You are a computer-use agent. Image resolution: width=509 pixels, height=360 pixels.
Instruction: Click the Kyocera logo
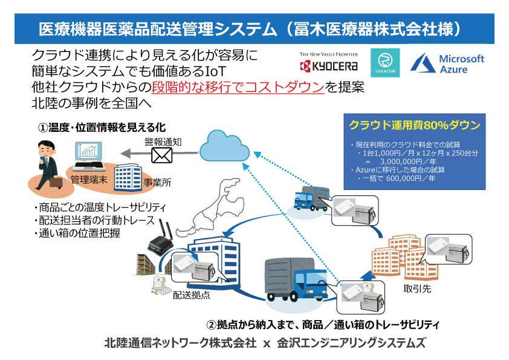point(328,62)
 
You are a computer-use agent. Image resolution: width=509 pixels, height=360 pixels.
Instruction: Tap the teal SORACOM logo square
point(385,63)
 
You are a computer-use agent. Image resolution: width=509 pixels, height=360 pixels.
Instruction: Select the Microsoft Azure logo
point(447,63)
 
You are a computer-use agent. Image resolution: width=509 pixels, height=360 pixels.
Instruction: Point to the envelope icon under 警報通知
point(161,155)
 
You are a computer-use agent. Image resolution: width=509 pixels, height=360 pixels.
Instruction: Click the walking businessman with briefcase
point(48,165)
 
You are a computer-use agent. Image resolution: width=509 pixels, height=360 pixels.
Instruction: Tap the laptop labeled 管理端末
point(88,156)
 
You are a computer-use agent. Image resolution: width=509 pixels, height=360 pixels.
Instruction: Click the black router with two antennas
point(160,237)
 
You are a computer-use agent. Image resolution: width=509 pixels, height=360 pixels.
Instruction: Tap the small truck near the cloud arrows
point(310,198)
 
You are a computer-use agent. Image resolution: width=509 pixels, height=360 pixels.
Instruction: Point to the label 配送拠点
point(191,295)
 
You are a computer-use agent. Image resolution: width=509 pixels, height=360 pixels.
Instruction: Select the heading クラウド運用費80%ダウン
point(415,125)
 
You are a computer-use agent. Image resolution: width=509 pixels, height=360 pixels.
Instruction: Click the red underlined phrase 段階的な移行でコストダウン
point(238,87)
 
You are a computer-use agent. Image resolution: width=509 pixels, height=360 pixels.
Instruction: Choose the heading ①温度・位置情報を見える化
point(102,128)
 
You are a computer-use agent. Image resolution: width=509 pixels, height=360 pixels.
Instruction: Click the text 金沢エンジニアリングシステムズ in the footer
point(351,343)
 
